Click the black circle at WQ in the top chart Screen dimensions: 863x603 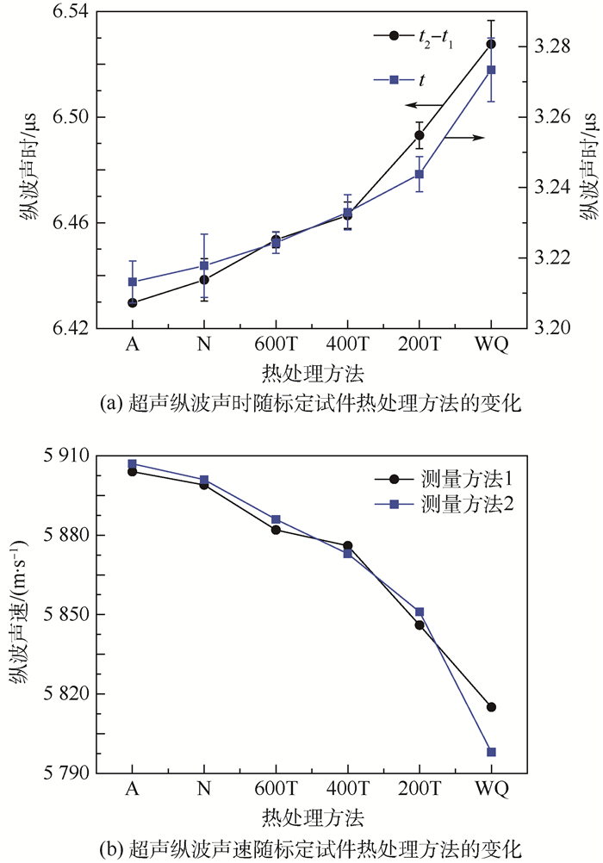(x=491, y=44)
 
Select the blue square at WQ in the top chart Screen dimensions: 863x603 (x=491, y=70)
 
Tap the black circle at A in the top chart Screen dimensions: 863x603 (x=132, y=303)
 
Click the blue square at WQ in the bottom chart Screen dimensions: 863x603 (x=491, y=752)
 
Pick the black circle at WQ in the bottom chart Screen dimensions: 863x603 (x=491, y=707)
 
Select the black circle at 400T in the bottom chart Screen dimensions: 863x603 (x=347, y=546)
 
